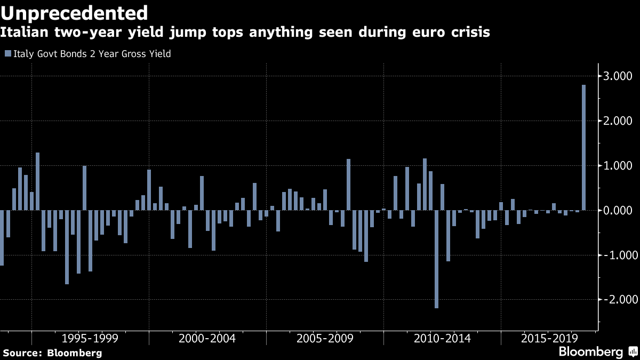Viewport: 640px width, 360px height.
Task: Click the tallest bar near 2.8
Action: [x=583, y=147]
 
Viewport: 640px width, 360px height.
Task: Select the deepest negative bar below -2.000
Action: [x=437, y=259]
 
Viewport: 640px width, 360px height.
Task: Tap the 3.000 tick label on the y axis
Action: [x=618, y=76]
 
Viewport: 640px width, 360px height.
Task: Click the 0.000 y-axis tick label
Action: [x=618, y=211]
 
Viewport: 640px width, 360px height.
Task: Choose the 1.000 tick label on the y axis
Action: [x=618, y=166]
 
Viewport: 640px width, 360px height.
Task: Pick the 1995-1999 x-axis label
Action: [x=90, y=338]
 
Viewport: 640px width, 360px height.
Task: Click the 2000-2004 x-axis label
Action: [x=207, y=338]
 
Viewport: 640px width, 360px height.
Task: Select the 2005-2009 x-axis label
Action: [x=325, y=338]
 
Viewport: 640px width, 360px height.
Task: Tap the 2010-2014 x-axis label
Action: [x=442, y=338]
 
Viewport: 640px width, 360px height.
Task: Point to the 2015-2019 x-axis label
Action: [x=549, y=338]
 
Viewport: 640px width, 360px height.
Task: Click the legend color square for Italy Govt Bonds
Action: [x=8, y=53]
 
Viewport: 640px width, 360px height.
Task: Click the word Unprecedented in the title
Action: [x=74, y=13]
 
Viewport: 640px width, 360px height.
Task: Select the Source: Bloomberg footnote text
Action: [x=53, y=353]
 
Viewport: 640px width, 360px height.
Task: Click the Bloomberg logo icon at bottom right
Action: [x=633, y=351]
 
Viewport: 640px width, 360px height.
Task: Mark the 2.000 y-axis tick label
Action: [x=618, y=121]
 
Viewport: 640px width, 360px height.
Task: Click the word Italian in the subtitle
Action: [x=25, y=32]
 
